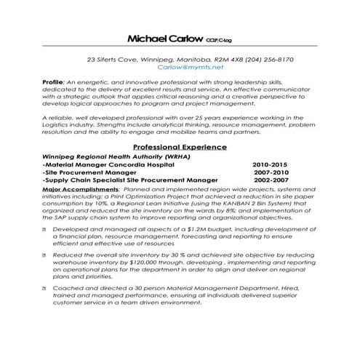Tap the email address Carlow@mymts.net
pyautogui.click(x=191, y=66)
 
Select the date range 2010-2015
pyautogui.click(x=270, y=165)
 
